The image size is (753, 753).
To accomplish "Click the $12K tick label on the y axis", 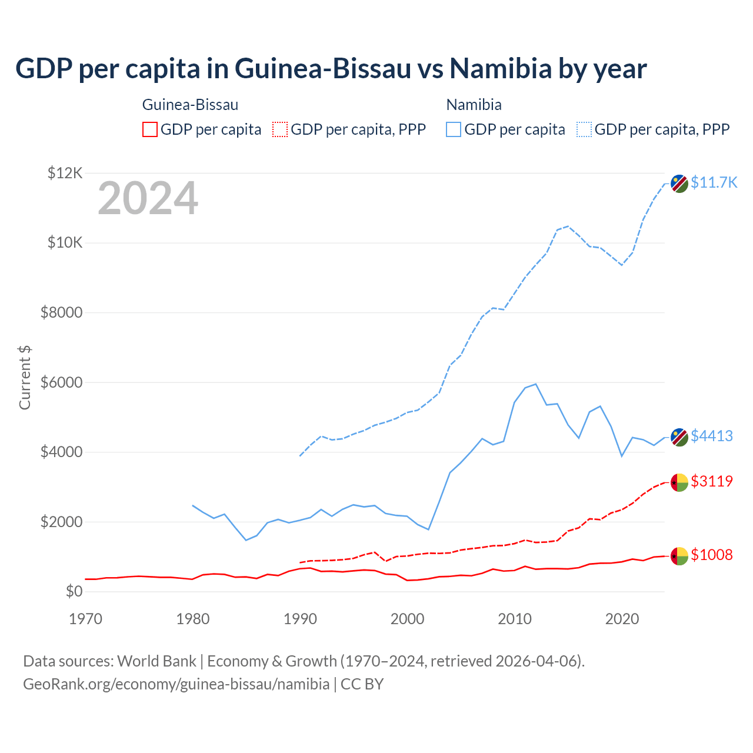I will pyautogui.click(x=65, y=173).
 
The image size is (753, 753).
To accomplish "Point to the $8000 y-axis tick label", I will pyautogui.click(x=61, y=312).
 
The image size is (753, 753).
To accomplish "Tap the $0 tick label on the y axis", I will pyautogui.click(x=74, y=591).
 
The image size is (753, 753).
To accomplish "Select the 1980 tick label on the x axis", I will pyautogui.click(x=193, y=619).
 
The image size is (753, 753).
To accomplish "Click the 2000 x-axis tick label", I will pyautogui.click(x=408, y=619).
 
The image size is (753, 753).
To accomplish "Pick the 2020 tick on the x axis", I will pyautogui.click(x=622, y=619).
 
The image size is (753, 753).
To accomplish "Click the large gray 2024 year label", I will pyautogui.click(x=148, y=198).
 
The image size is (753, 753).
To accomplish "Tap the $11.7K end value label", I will pyautogui.click(x=714, y=182).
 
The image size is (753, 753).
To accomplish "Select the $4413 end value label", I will pyautogui.click(x=711, y=436).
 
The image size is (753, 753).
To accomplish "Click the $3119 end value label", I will pyautogui.click(x=711, y=481).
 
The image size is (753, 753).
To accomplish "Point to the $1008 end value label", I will pyautogui.click(x=711, y=555).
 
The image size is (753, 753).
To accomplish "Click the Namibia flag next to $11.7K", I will pyautogui.click(x=679, y=184).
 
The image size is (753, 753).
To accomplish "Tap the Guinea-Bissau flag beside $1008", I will pyautogui.click(x=679, y=556).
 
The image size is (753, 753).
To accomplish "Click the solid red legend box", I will pyautogui.click(x=150, y=129).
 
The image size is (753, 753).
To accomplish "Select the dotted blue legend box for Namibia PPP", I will pyautogui.click(x=584, y=129).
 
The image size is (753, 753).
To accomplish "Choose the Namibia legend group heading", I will pyautogui.click(x=474, y=105).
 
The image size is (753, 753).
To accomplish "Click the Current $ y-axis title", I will pyautogui.click(x=25, y=377).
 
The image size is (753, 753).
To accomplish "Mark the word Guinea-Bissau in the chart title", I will pyautogui.click(x=323, y=68).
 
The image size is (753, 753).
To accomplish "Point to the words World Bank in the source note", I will pyautogui.click(x=156, y=661).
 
